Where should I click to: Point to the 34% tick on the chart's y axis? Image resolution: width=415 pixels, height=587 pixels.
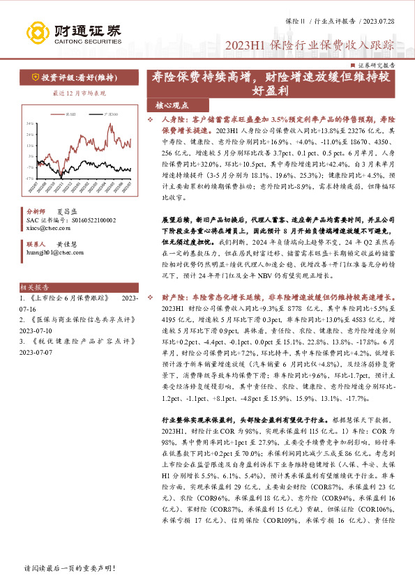click(31, 123)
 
